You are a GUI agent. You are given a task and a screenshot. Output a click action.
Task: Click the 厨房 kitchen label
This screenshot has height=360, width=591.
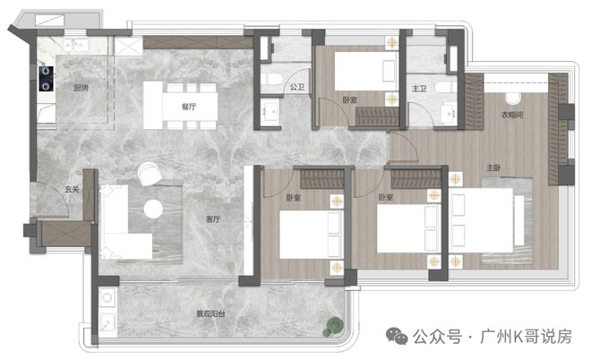pos(81,88)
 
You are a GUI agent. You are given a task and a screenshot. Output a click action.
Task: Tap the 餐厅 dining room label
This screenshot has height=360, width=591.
pos(189,107)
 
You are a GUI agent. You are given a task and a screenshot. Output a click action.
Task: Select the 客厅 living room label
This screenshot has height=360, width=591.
pos(213,219)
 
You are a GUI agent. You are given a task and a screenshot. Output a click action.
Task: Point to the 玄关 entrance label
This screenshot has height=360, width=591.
pos(72,189)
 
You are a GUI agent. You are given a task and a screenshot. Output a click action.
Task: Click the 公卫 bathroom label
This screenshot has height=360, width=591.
pos(297,87)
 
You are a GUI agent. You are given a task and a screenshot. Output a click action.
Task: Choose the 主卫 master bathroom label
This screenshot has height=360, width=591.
pos(419,89)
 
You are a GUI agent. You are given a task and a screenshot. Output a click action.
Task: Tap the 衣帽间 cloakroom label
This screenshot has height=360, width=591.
pos(512,115)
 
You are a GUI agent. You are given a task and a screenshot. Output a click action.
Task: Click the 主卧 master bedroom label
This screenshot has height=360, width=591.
pos(493,167)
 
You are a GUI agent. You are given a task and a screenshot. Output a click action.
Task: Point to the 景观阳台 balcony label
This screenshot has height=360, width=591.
pos(211,313)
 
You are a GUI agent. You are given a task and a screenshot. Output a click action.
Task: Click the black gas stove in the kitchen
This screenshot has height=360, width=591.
pos(46,79)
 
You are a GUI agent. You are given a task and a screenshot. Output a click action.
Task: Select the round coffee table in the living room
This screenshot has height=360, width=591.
pos(153,209)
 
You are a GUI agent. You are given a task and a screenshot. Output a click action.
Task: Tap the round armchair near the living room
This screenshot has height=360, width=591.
pos(150,174)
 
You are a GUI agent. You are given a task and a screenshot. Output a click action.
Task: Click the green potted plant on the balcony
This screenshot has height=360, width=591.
pos(333,327)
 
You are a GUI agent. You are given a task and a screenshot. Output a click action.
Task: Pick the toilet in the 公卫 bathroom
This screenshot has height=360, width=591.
pos(271,79)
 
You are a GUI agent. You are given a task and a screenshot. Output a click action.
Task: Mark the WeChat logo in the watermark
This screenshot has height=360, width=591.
pos(397,336)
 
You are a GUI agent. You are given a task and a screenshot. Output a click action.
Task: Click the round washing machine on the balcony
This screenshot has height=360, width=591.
pos(107,298)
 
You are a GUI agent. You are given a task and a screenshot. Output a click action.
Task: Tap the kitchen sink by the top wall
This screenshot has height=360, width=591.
pos(76,46)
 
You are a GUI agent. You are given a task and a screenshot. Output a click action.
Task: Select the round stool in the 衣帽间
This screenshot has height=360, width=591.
pos(512,99)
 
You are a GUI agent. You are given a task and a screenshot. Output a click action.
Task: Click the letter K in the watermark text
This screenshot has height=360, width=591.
pos(518,337)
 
